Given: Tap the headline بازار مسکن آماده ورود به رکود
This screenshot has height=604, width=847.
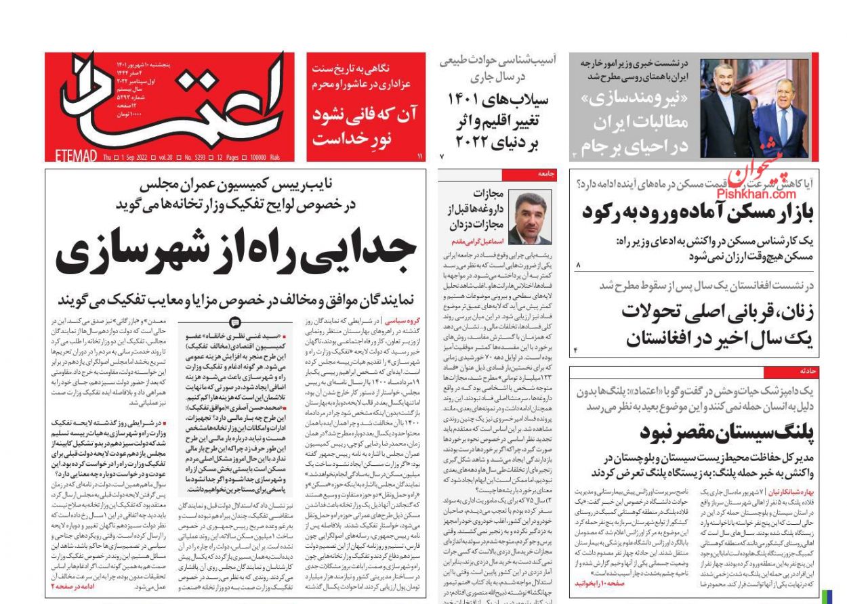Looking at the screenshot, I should [698, 212].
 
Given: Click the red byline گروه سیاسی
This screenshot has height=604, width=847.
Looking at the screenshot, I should [400, 320].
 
